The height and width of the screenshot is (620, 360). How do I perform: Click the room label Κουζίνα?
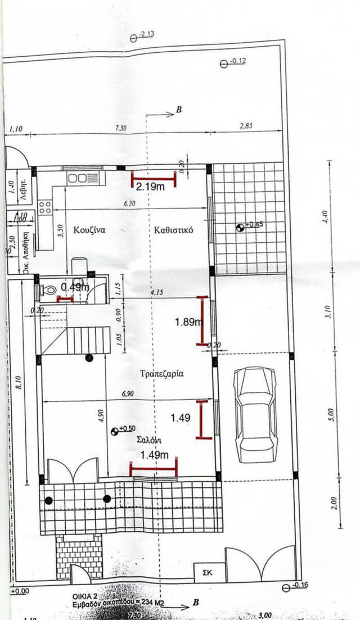90,230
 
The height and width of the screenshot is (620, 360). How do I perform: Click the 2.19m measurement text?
150,187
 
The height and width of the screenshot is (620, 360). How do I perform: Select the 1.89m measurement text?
188,322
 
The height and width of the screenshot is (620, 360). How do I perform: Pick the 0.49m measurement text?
75,287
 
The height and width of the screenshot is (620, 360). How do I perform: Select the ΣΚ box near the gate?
208,572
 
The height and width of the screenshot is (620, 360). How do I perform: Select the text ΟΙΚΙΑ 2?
87,593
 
